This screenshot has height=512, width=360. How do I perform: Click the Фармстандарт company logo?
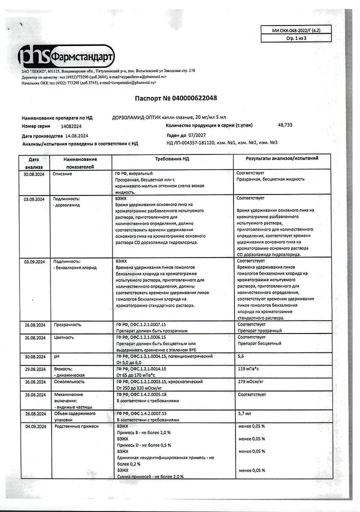pyautogui.click(x=66, y=56)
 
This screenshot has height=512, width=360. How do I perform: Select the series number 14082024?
pyautogui.click(x=71, y=127)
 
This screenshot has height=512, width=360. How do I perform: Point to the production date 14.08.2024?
pyautogui.click(x=75, y=136)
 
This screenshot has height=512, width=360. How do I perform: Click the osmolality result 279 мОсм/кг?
pyautogui.click(x=250, y=381)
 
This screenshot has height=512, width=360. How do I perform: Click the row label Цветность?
pyautogui.click(x=64, y=337)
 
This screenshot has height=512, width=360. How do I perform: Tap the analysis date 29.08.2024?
pyautogui.click(x=34, y=368)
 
